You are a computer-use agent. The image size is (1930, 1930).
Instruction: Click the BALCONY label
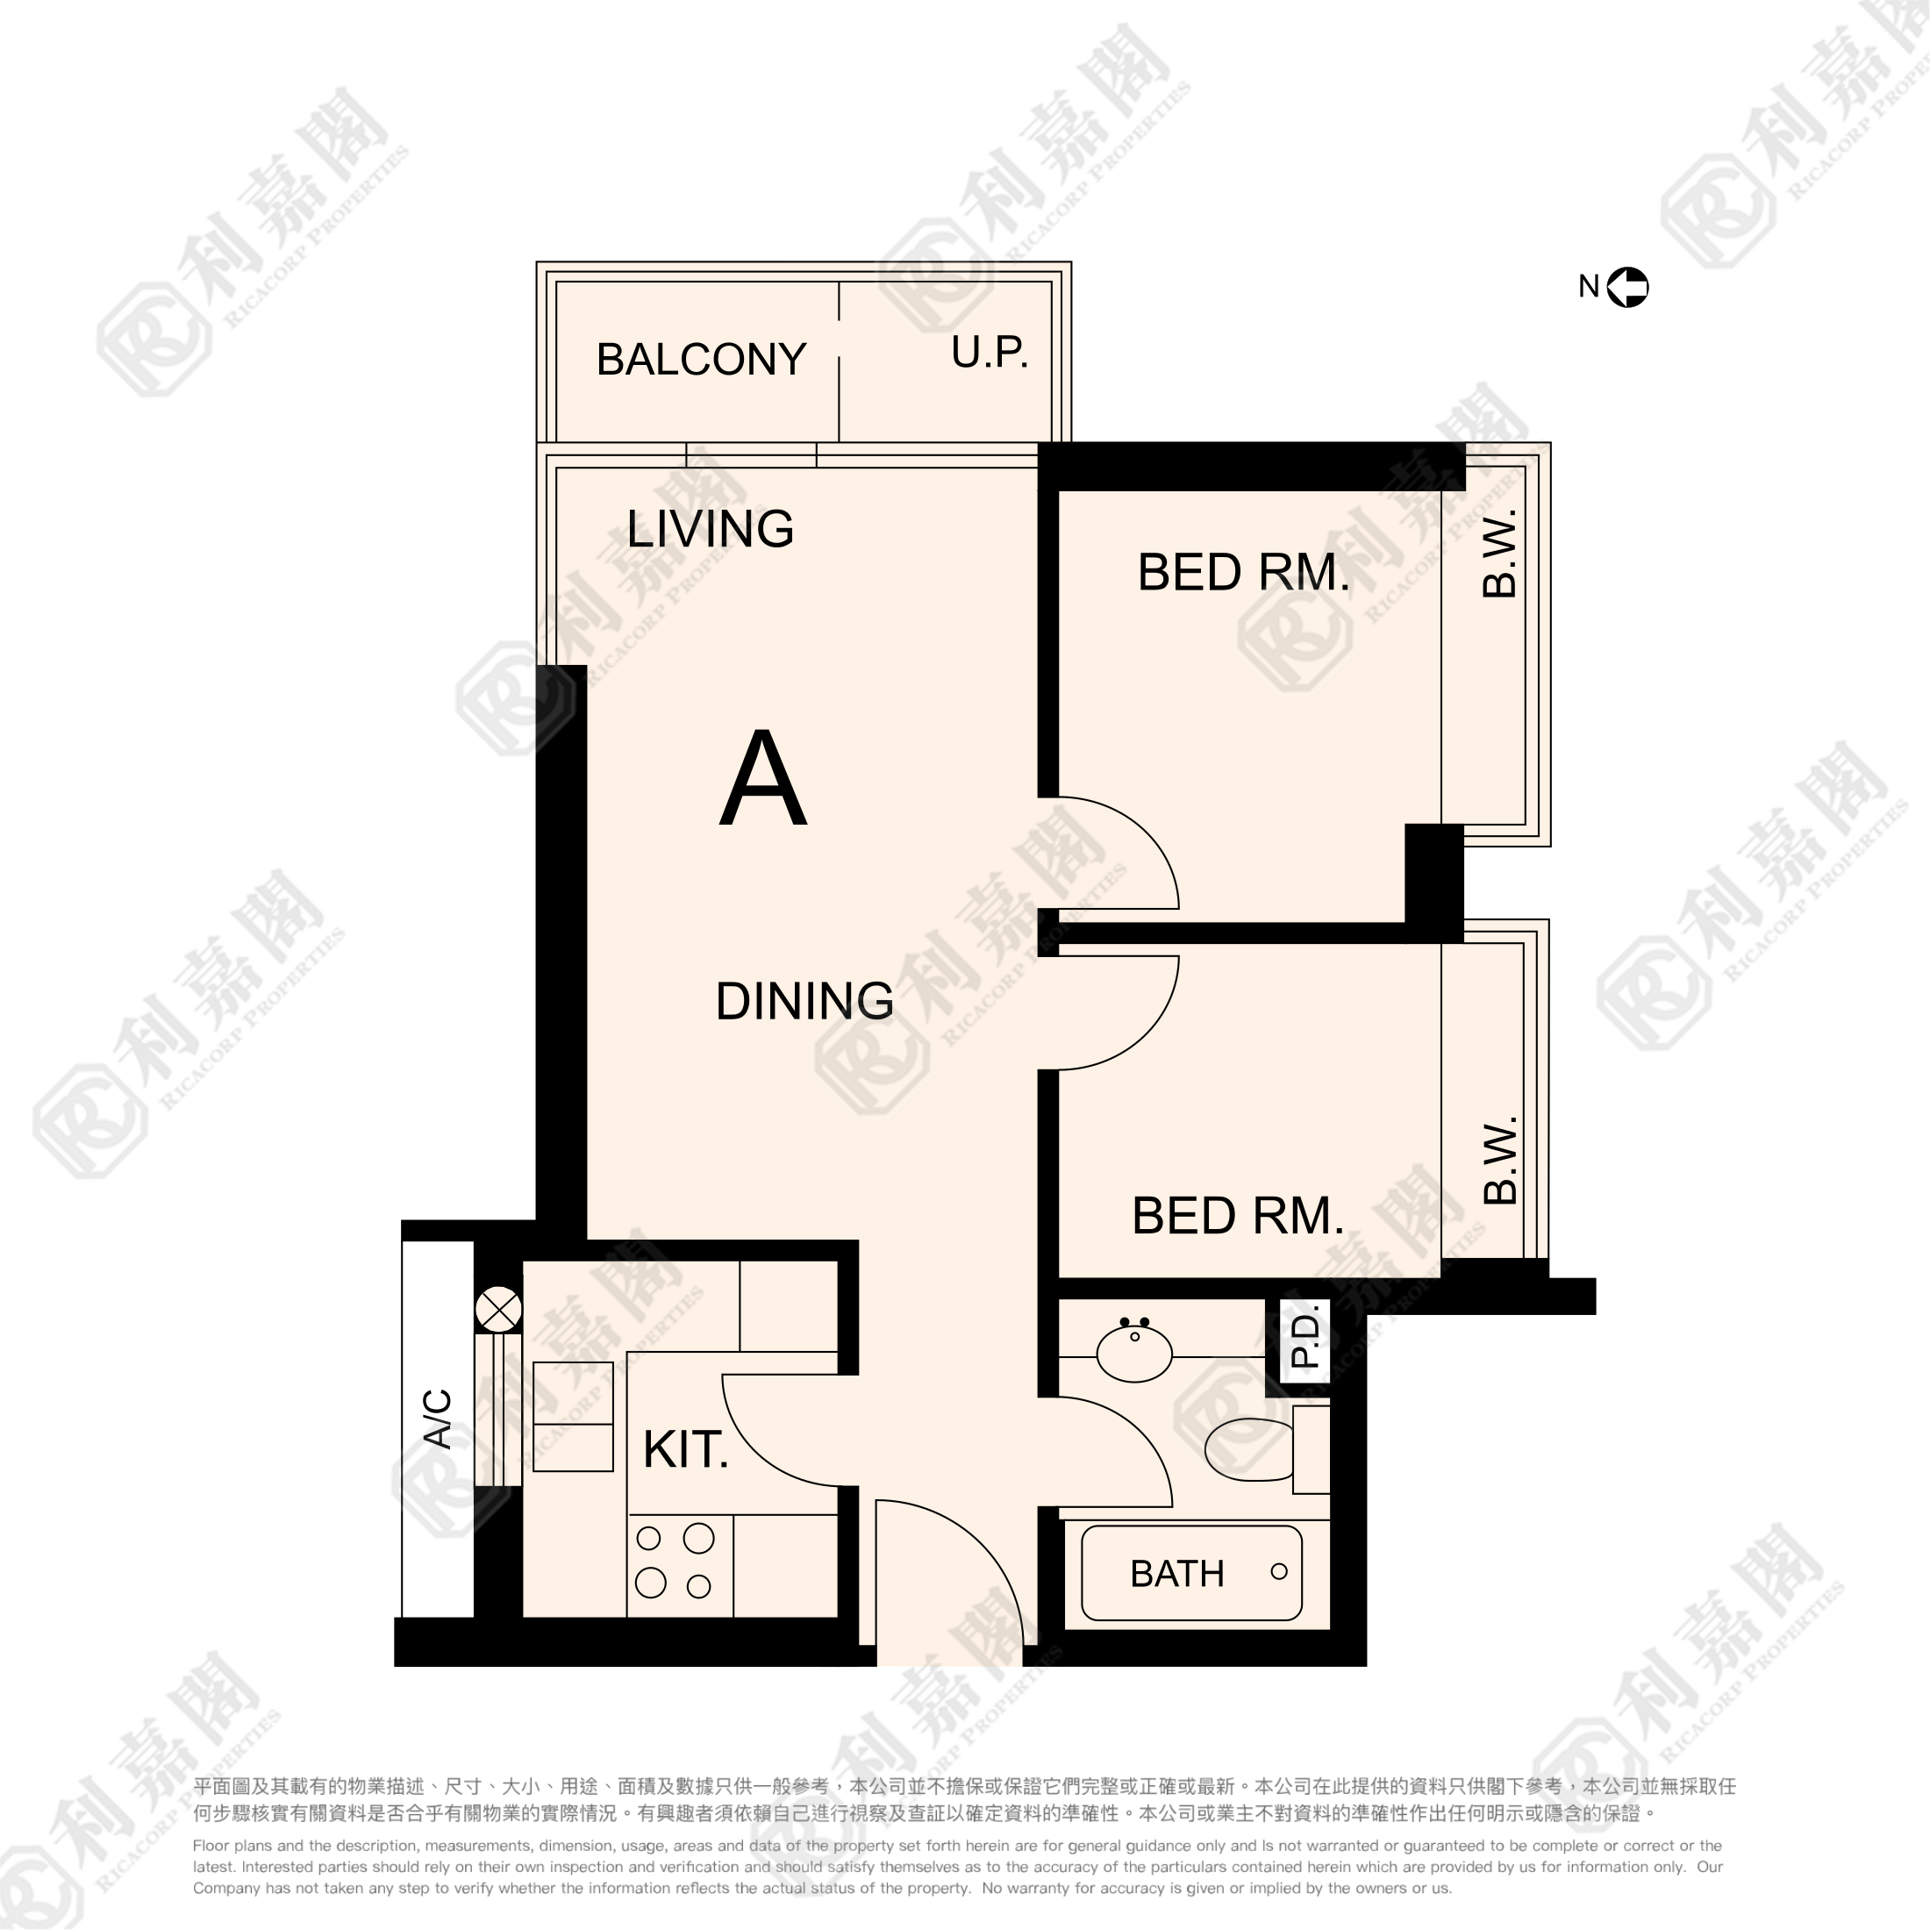click(700, 360)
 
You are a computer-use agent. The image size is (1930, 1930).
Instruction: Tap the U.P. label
click(989, 353)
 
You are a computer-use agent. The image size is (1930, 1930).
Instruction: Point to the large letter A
click(762, 780)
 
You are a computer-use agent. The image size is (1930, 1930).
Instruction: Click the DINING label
click(804, 1001)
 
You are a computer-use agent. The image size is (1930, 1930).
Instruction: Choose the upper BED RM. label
click(1243, 572)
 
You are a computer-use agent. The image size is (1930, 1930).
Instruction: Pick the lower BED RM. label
click(1238, 1216)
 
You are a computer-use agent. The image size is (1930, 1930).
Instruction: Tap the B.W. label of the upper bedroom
click(1500, 554)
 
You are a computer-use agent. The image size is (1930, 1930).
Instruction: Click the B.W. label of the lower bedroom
click(1500, 1161)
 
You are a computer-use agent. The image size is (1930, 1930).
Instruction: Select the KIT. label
click(685, 1449)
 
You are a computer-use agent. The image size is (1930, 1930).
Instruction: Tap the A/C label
click(438, 1419)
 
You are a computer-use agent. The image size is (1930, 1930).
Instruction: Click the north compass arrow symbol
click(1627, 288)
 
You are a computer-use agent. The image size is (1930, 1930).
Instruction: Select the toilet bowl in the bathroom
click(1248, 1448)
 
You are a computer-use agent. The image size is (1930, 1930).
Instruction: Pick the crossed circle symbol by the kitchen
click(498, 1308)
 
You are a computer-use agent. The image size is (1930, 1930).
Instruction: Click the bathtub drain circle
click(1279, 1571)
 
